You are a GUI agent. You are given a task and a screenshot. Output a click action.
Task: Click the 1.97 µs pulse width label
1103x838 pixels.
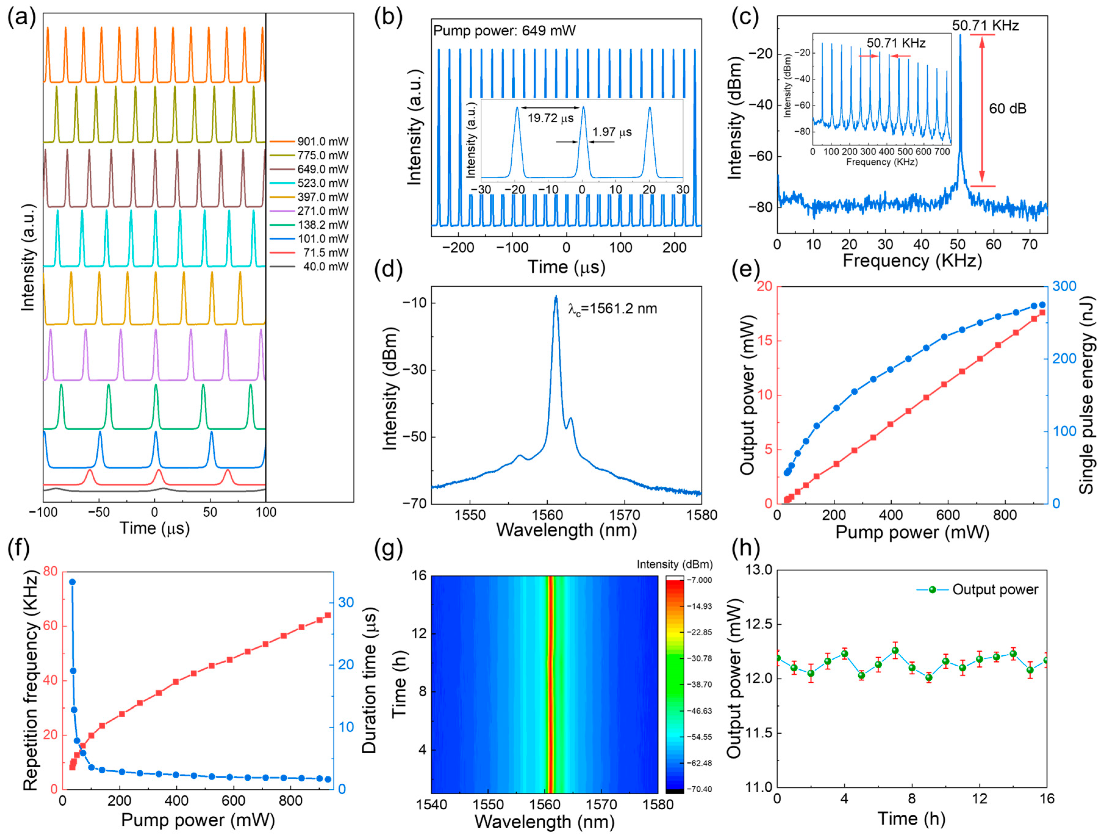(x=612, y=132)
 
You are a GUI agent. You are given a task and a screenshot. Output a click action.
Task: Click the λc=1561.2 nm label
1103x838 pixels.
(x=613, y=309)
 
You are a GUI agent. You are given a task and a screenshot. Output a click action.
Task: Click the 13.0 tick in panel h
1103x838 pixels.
(x=757, y=570)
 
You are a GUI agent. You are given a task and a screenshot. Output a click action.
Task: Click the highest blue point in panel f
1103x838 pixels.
(x=72, y=582)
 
